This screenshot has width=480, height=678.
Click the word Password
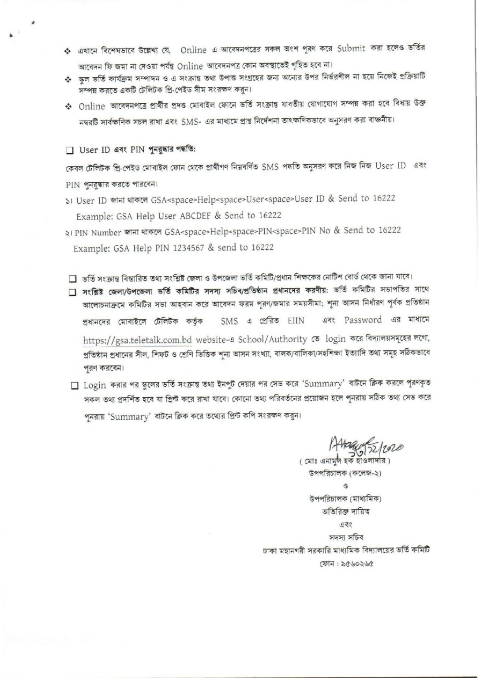coord(363,320)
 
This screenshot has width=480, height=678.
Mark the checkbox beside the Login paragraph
coord(74,386)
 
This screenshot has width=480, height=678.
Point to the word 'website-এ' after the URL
coord(214,339)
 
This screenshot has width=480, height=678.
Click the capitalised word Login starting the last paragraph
coord(94,386)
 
